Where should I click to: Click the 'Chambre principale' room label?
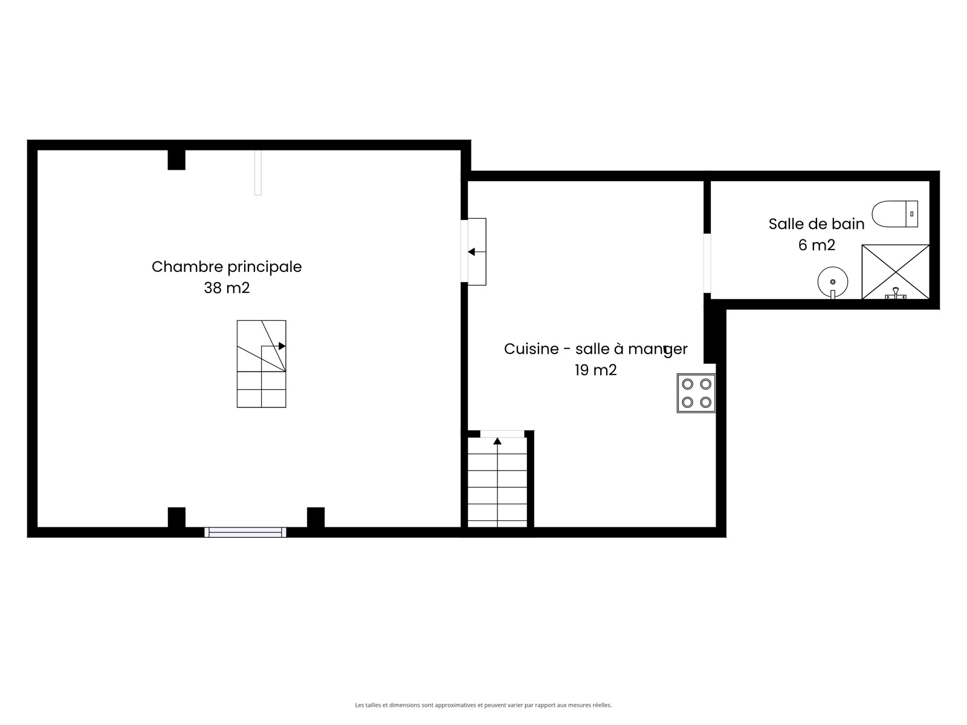click(x=227, y=267)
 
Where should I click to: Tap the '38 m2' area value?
click(x=227, y=288)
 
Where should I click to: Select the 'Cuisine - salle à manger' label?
click(x=596, y=349)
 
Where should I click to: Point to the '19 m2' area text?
click(x=596, y=370)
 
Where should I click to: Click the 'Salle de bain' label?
click(x=817, y=224)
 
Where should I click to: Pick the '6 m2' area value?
click(x=817, y=245)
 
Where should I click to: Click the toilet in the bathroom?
click(x=894, y=214)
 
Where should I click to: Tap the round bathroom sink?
click(x=833, y=282)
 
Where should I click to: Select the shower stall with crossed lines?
click(x=896, y=272)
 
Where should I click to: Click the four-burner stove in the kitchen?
click(x=696, y=393)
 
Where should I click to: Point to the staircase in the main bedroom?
click(x=261, y=364)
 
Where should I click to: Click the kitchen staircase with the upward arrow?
click(x=497, y=483)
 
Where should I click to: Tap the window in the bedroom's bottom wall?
click(x=245, y=532)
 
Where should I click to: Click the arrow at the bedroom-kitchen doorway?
click(x=477, y=252)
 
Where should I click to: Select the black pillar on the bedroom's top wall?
click(x=176, y=159)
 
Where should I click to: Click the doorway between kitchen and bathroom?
click(x=707, y=263)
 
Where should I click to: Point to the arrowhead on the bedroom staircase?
click(x=282, y=346)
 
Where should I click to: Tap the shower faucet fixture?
click(x=896, y=294)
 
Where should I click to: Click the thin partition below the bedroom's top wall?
click(x=257, y=173)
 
